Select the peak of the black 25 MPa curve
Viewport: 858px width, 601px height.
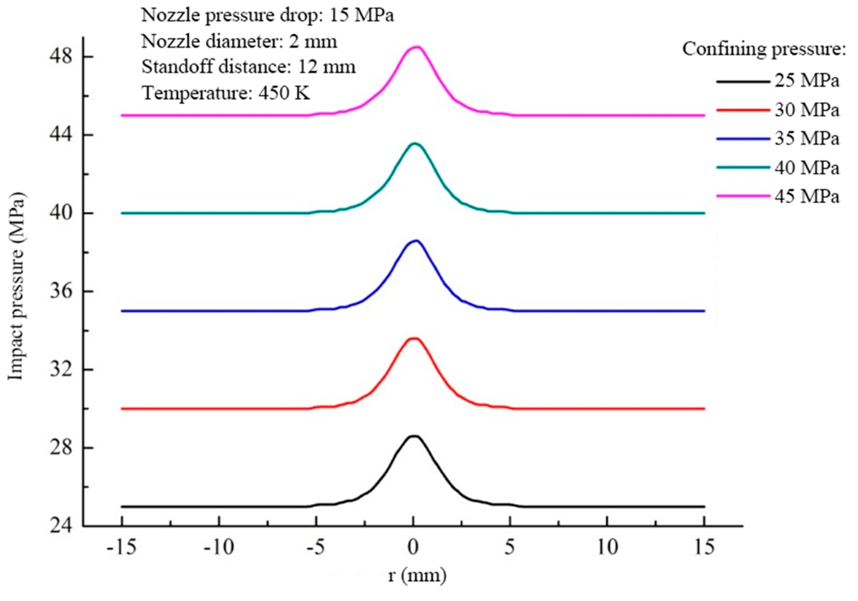414,436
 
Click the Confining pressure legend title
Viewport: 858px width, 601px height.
764,49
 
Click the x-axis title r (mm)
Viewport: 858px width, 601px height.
417,575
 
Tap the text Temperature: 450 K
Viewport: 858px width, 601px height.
226,92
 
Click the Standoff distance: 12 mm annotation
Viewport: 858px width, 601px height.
249,67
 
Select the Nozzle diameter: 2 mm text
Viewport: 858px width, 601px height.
239,41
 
